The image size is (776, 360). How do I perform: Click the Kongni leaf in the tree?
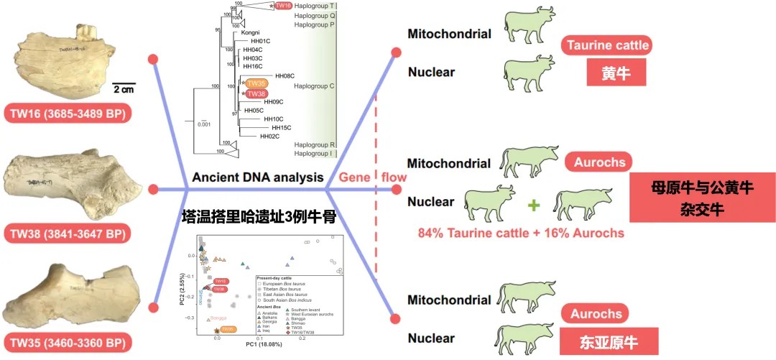tap(250, 32)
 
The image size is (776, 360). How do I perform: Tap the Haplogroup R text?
tap(315, 144)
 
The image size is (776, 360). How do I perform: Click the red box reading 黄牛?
tap(613, 73)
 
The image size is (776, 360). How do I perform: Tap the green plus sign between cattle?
tap(534, 205)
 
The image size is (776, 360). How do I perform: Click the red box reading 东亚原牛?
tap(600, 340)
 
